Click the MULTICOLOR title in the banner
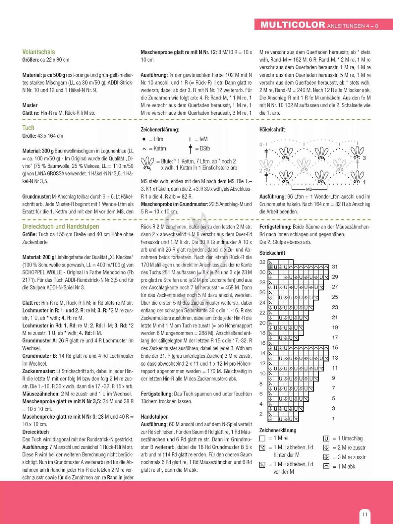[x=293, y=25]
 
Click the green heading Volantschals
[x=39, y=52]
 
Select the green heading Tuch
[x=28, y=128]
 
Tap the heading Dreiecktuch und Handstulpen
[x=61, y=227]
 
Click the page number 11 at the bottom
[x=365, y=514]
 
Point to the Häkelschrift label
[x=272, y=129]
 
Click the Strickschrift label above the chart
[x=272, y=253]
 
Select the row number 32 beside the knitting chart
[x=263, y=262]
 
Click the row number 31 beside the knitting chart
[x=335, y=267]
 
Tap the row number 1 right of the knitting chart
[x=334, y=418]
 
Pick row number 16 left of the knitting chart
[x=263, y=343]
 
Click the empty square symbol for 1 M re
[x=263, y=438]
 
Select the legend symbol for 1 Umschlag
[x=326, y=438]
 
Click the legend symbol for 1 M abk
[x=326, y=466]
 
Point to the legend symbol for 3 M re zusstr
[x=326, y=457]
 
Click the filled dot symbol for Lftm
[x=144, y=139]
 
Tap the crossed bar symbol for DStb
[x=190, y=149]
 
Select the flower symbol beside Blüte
[x=147, y=164]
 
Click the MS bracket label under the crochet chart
[x=309, y=189]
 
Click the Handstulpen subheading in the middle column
[x=154, y=417]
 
